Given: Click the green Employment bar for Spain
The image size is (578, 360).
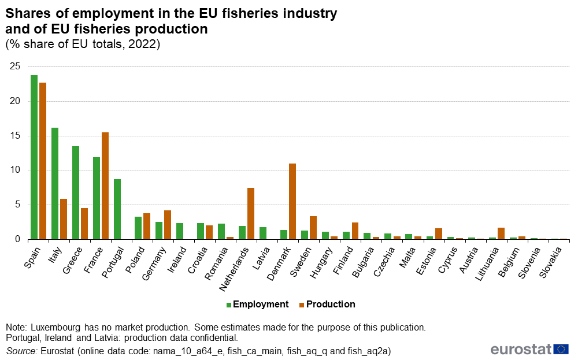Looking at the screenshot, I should click(34, 157).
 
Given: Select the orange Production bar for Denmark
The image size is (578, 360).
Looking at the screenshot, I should click(292, 201).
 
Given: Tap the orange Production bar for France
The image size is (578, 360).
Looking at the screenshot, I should click(105, 185).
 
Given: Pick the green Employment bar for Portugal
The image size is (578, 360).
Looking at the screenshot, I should click(117, 209).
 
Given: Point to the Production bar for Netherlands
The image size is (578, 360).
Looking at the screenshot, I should click(251, 213).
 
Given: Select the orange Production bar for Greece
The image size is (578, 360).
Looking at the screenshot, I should click(84, 223).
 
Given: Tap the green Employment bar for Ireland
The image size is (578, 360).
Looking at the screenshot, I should click(180, 231).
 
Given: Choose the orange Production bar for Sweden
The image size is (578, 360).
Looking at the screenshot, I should click(313, 227).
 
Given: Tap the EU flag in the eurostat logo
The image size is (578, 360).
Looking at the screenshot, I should click(561, 349).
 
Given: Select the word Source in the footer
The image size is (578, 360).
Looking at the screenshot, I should click(20, 351).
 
